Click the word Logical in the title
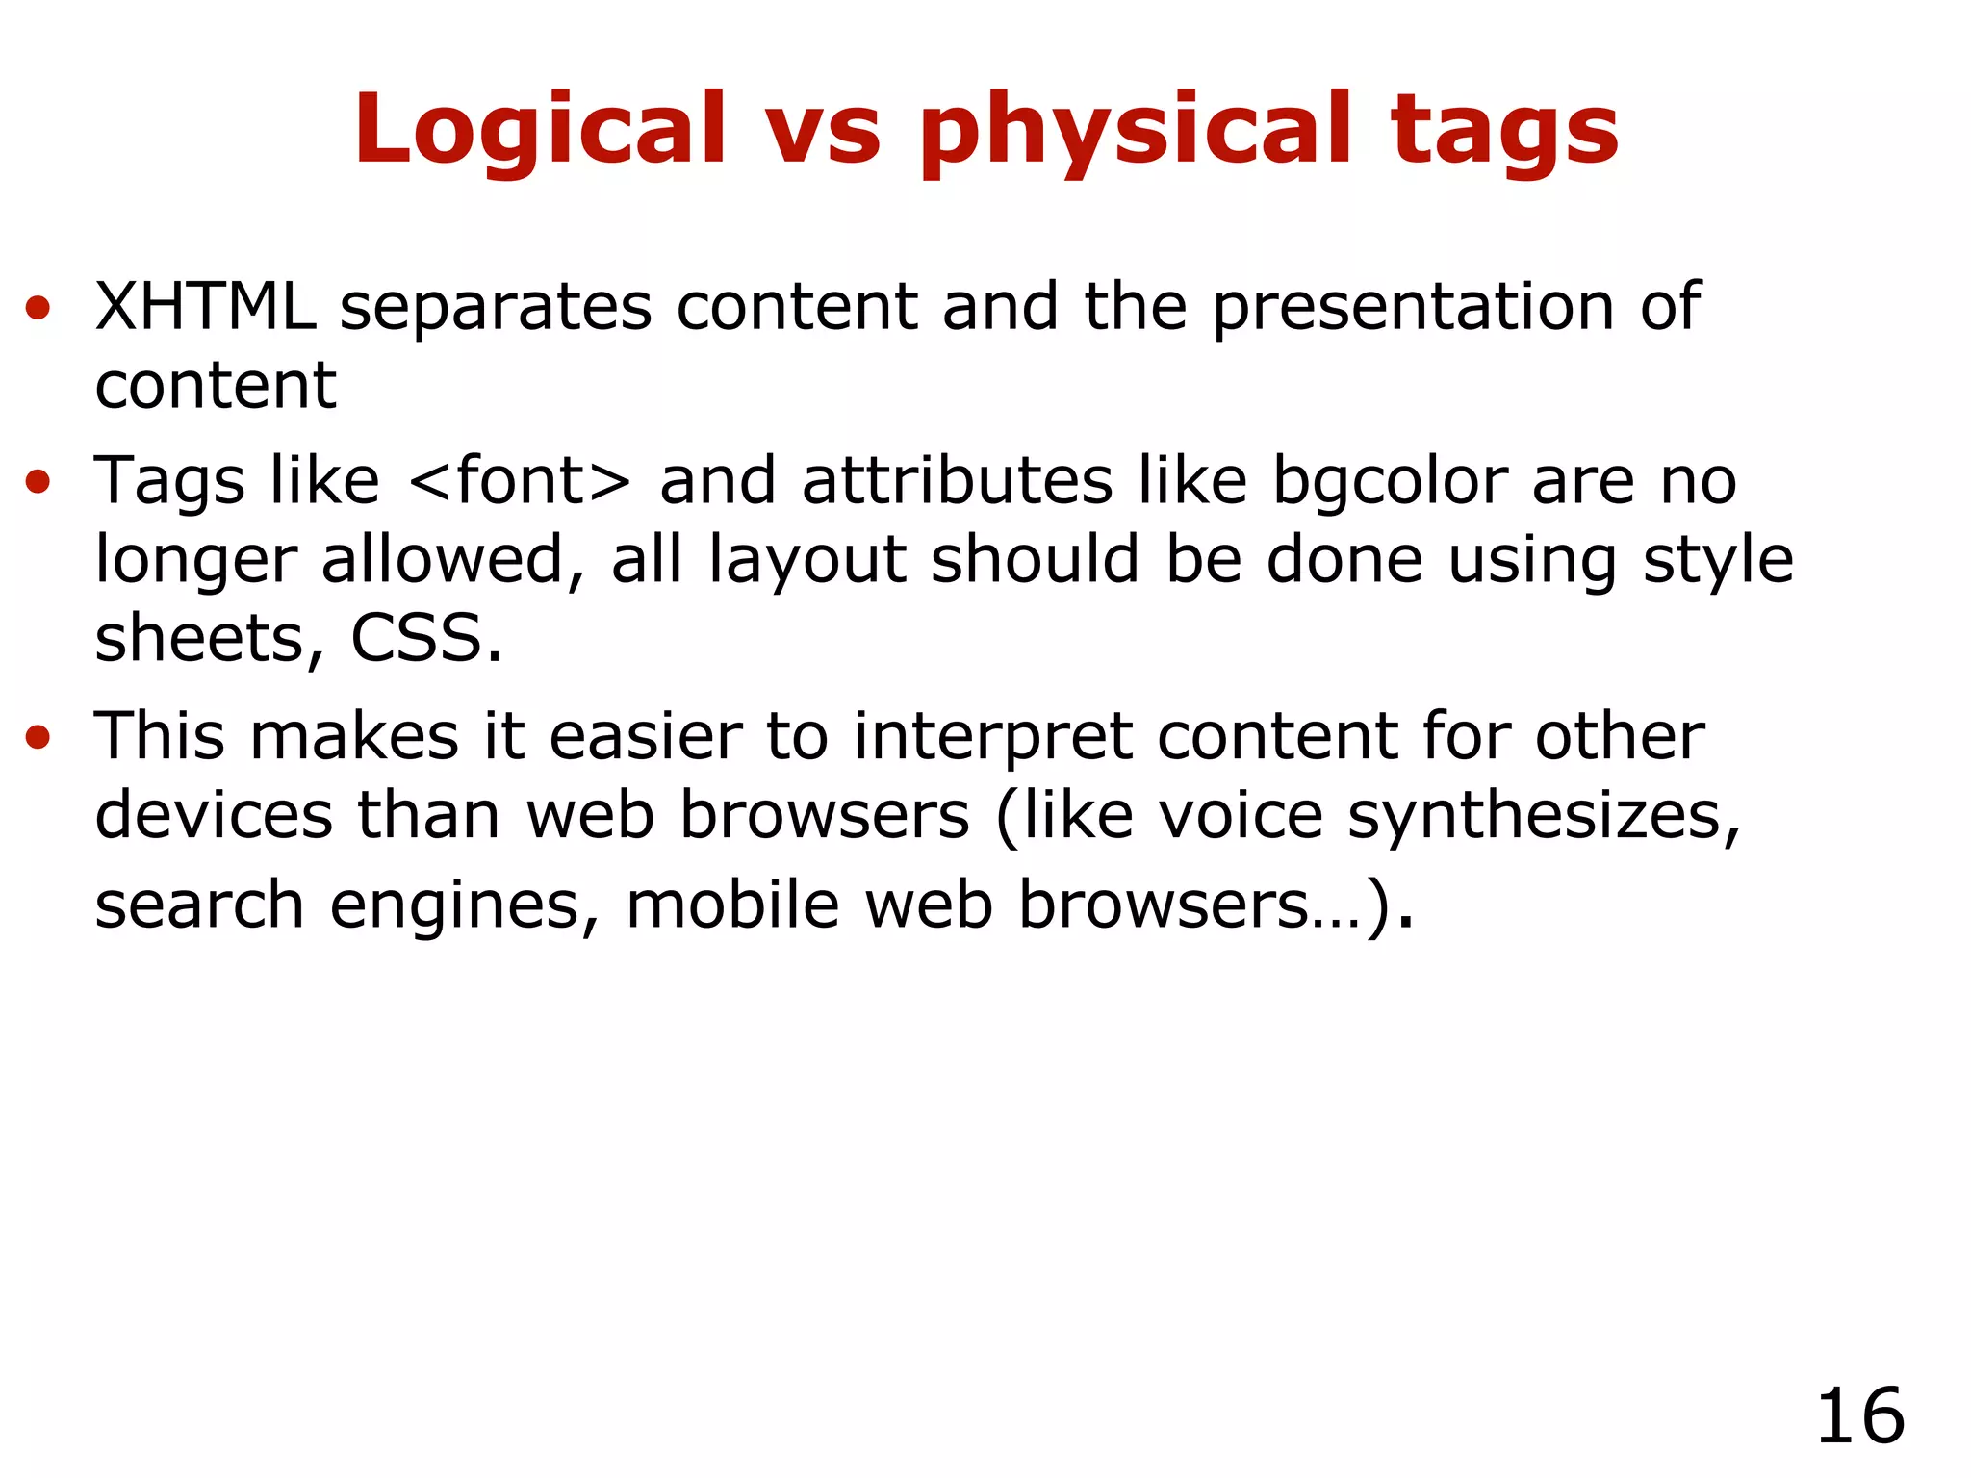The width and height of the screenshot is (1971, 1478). (540, 130)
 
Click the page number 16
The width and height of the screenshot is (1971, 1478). (1859, 1416)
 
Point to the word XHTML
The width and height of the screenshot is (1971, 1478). (205, 307)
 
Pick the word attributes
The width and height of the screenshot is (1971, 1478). (957, 480)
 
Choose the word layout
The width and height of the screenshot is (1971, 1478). (807, 561)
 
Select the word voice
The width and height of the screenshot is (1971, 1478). (1241, 816)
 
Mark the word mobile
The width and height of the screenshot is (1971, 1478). (732, 905)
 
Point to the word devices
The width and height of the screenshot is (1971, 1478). (214, 816)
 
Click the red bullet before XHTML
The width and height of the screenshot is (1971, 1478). (38, 309)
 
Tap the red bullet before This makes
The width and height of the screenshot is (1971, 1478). (38, 738)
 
